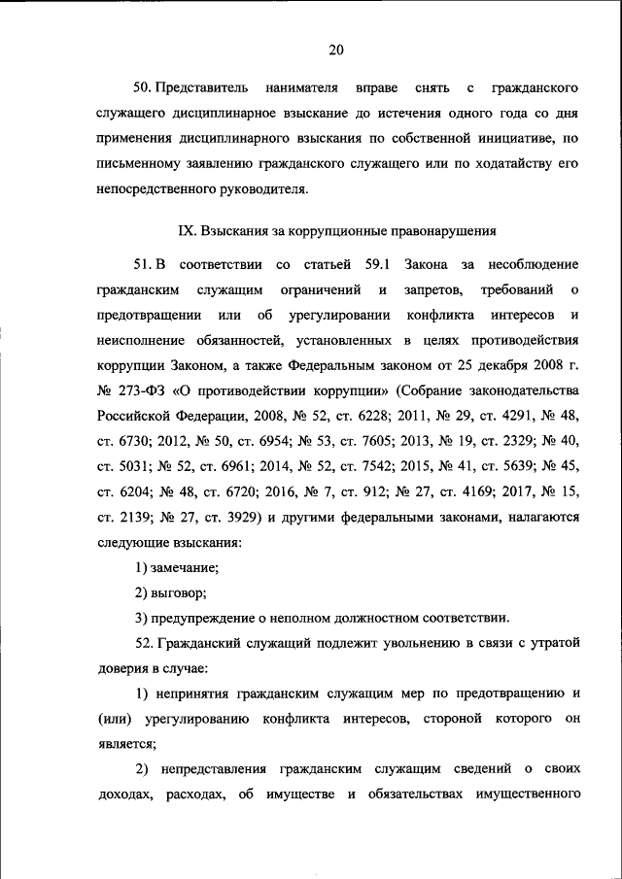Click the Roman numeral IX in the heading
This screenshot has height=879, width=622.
pos(187,231)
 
